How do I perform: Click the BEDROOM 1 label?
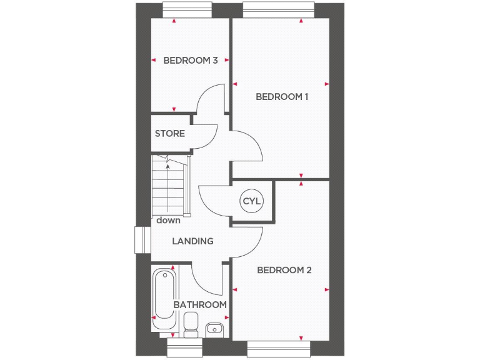tap(282, 97)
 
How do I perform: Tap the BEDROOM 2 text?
tap(284, 271)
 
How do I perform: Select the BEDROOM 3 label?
tap(191, 61)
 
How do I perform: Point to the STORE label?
tap(170, 134)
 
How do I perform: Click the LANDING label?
tap(193, 241)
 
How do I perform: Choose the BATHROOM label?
tap(200, 304)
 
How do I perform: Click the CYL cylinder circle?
tap(252, 202)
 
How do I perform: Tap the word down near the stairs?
tap(168, 220)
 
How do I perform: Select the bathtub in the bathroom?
tap(165, 299)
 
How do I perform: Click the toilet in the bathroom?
tap(191, 324)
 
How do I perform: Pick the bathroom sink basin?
tap(214, 327)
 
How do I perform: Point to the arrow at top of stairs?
tap(167, 166)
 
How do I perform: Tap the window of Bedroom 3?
tap(186, 9)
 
